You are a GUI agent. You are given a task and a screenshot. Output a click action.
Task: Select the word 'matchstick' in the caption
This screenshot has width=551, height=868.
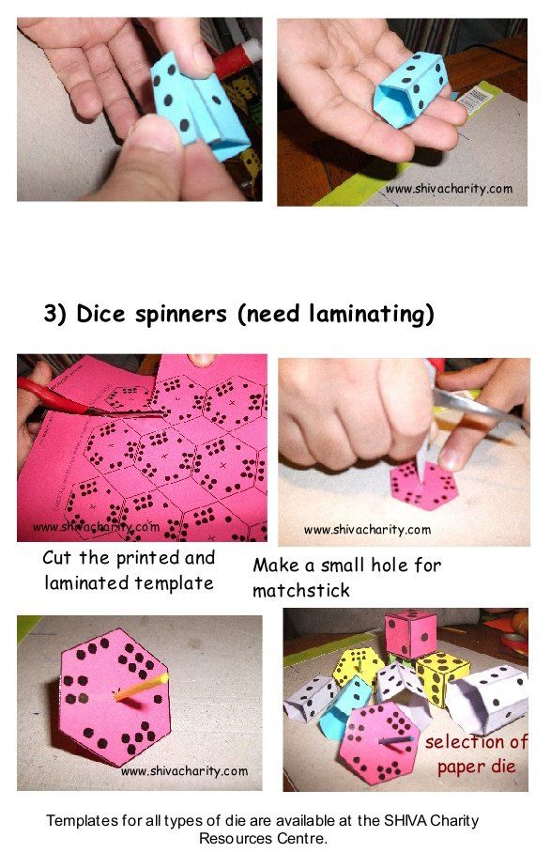click(301, 591)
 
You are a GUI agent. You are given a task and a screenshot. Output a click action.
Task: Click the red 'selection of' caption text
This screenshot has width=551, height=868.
click(476, 742)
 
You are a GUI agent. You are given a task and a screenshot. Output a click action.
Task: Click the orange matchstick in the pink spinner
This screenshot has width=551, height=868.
click(141, 687)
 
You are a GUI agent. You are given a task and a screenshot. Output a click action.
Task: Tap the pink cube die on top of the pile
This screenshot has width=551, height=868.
click(410, 634)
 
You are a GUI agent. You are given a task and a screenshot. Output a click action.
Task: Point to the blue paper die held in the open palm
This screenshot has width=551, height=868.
click(410, 89)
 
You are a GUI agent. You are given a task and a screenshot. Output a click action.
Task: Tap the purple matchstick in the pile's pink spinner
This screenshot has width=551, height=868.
click(396, 739)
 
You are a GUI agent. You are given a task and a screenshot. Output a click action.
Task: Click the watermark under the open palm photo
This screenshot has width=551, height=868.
click(449, 190)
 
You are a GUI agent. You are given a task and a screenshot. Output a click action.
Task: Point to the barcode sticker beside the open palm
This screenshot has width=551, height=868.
click(475, 100)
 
